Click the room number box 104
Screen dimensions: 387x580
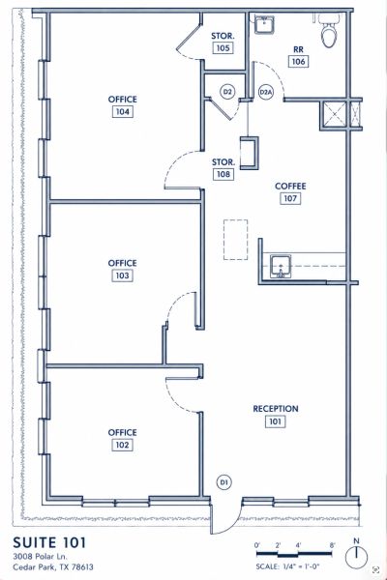[x=123, y=112]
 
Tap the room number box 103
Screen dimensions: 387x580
[x=122, y=275]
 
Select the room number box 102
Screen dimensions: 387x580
[x=122, y=445]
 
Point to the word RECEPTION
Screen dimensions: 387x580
[x=276, y=409]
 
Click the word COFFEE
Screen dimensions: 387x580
[x=290, y=186]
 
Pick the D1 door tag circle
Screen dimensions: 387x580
[x=223, y=482]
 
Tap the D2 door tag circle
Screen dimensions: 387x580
[x=227, y=92]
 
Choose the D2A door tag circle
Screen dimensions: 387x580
[x=265, y=92]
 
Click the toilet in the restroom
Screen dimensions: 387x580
[x=329, y=32]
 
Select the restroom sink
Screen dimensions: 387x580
[x=264, y=25]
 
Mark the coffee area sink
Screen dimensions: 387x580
[x=281, y=267]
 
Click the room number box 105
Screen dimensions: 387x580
[x=223, y=48]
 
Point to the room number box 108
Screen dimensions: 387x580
[x=223, y=174]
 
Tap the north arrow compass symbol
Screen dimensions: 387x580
[x=356, y=556]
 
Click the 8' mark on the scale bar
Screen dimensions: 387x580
[x=332, y=545]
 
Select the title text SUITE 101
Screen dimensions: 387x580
[x=49, y=542]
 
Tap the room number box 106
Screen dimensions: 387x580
[x=299, y=62]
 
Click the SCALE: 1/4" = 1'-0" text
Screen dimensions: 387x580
[x=287, y=566]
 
